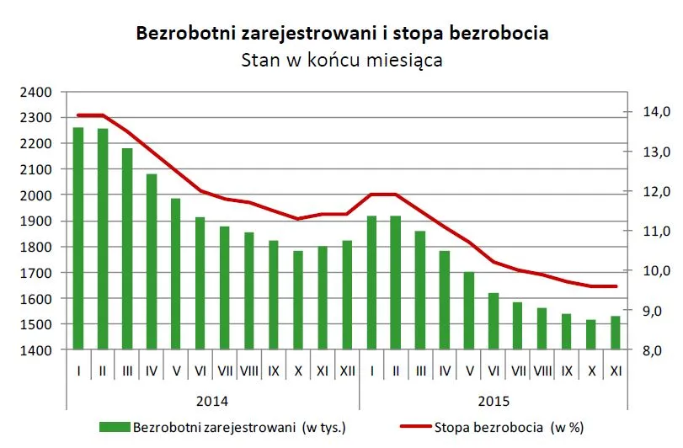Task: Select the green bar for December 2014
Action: pyautogui.click(x=347, y=295)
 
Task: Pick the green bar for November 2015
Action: pyautogui.click(x=616, y=333)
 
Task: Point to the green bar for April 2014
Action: pyautogui.click(x=152, y=261)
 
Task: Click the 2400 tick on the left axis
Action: pyautogui.click(x=35, y=92)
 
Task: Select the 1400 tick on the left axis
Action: pyautogui.click(x=35, y=350)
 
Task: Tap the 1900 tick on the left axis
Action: pyautogui.click(x=35, y=221)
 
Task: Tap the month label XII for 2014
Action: pyautogui.click(x=347, y=370)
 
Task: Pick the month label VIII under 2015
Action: pyautogui.click(x=542, y=370)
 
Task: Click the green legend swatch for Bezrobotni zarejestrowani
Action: pyautogui.click(x=115, y=427)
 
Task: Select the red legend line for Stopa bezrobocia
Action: pyautogui.click(x=409, y=427)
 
